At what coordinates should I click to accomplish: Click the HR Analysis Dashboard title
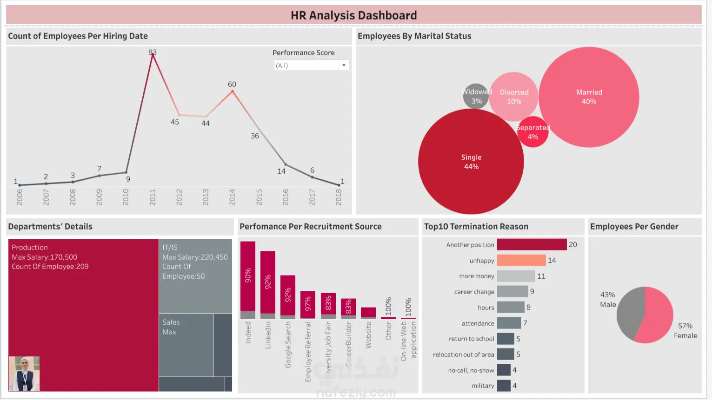coord(353,15)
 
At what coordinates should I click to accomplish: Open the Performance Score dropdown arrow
coord(344,66)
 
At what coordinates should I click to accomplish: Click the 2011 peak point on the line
coord(153,54)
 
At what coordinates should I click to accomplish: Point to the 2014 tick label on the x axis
coord(232,197)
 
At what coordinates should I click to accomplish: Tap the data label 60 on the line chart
coord(232,84)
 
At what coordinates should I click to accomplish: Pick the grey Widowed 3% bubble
coord(476,96)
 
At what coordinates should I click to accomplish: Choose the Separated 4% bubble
coord(533,132)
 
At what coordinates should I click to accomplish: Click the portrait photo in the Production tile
coord(24,374)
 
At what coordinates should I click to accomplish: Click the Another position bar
coord(532,244)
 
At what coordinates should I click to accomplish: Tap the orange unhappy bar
coord(521,260)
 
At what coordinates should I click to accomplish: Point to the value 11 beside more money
coord(541,276)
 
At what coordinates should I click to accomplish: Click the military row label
coord(483,386)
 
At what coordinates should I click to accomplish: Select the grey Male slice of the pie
coord(629,314)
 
